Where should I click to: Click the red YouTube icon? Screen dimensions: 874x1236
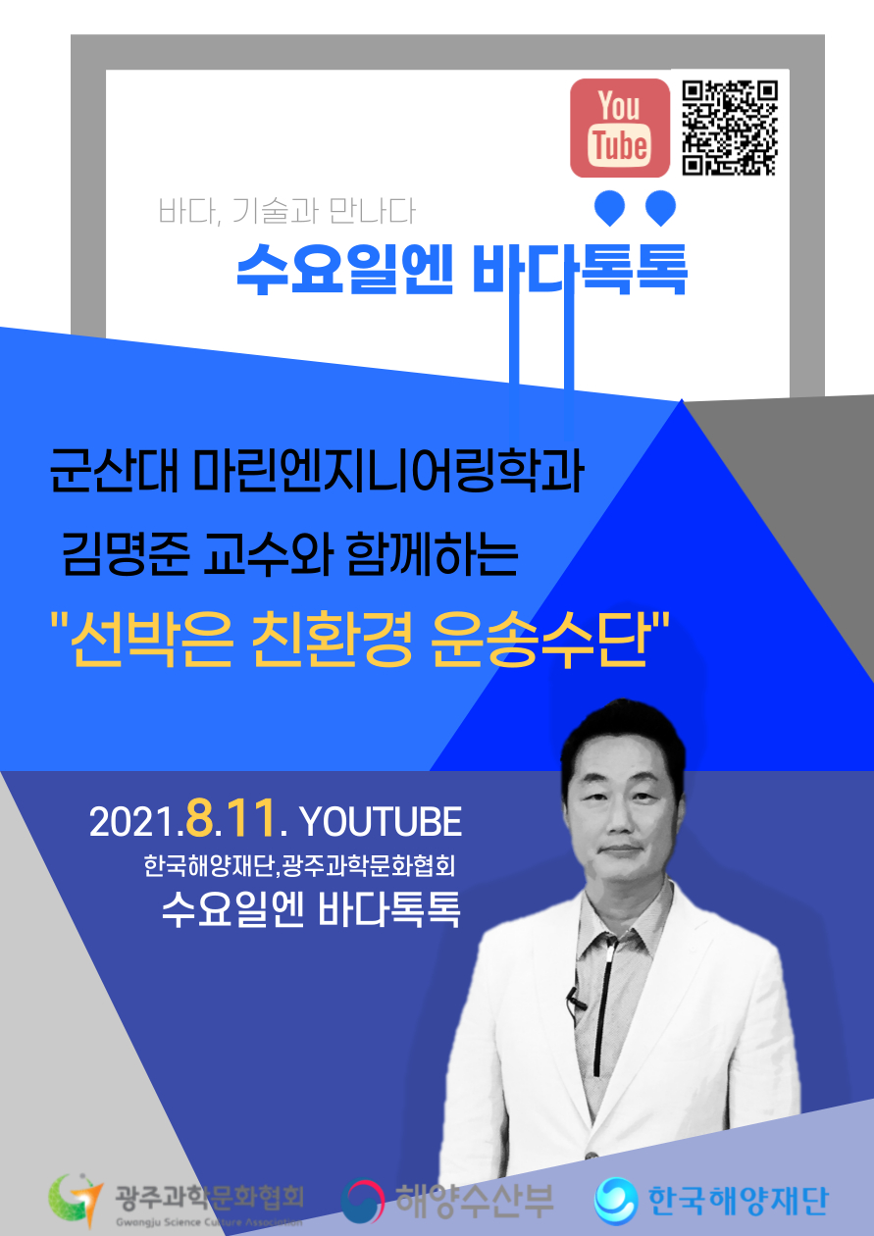620,128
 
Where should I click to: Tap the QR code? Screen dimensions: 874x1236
730,128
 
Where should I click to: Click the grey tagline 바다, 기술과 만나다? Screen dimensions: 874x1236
286,211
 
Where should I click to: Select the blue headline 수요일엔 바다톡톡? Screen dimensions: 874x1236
462,270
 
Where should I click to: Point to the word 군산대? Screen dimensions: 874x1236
114,472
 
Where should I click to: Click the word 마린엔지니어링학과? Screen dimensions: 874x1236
387,472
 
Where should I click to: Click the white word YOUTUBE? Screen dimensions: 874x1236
381,822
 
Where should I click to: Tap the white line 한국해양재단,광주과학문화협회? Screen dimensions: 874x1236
299,866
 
